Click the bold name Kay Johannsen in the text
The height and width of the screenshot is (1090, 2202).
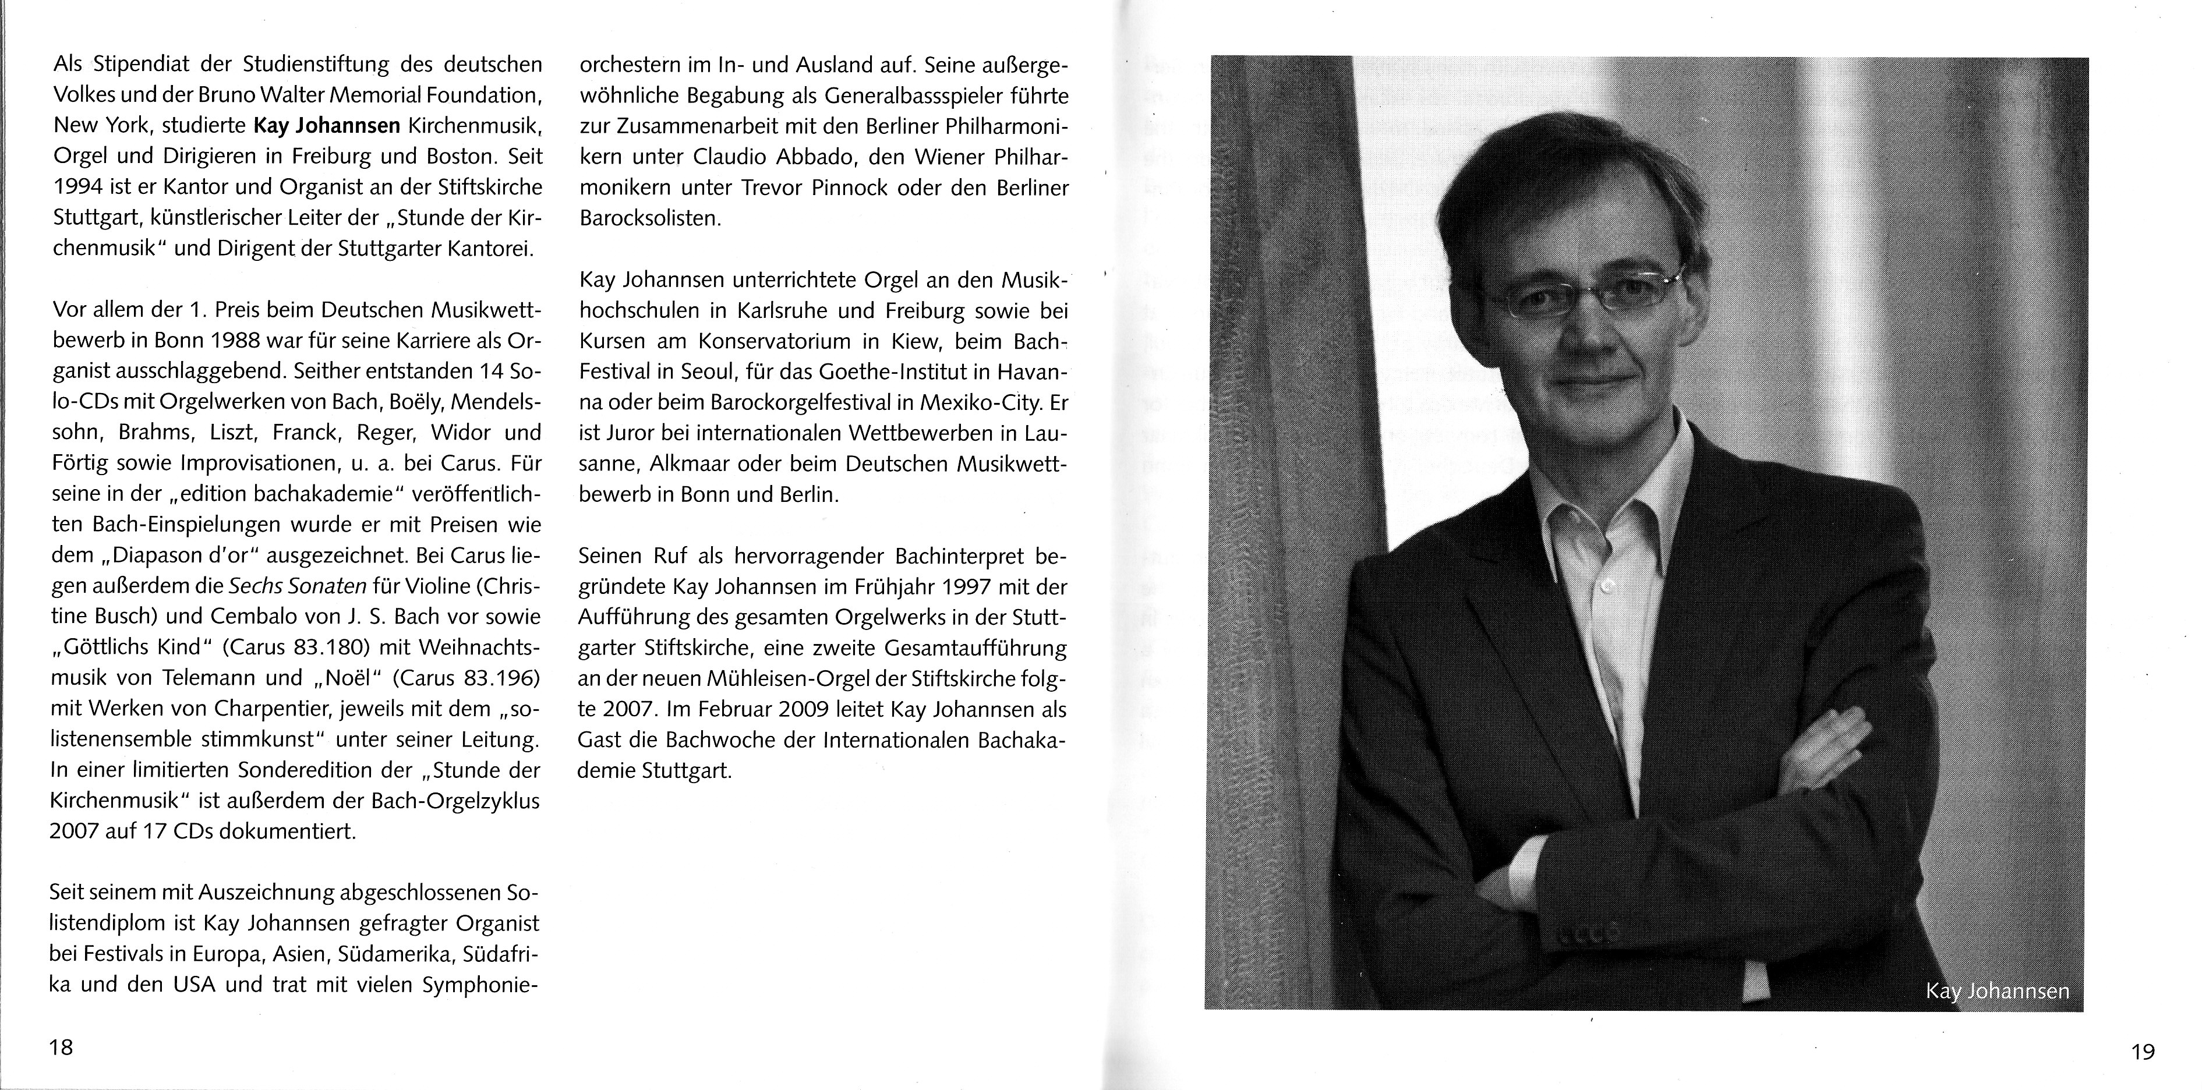pos(327,126)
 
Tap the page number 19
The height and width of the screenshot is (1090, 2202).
pos(2143,1052)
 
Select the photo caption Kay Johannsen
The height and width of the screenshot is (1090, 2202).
pos(1997,992)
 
